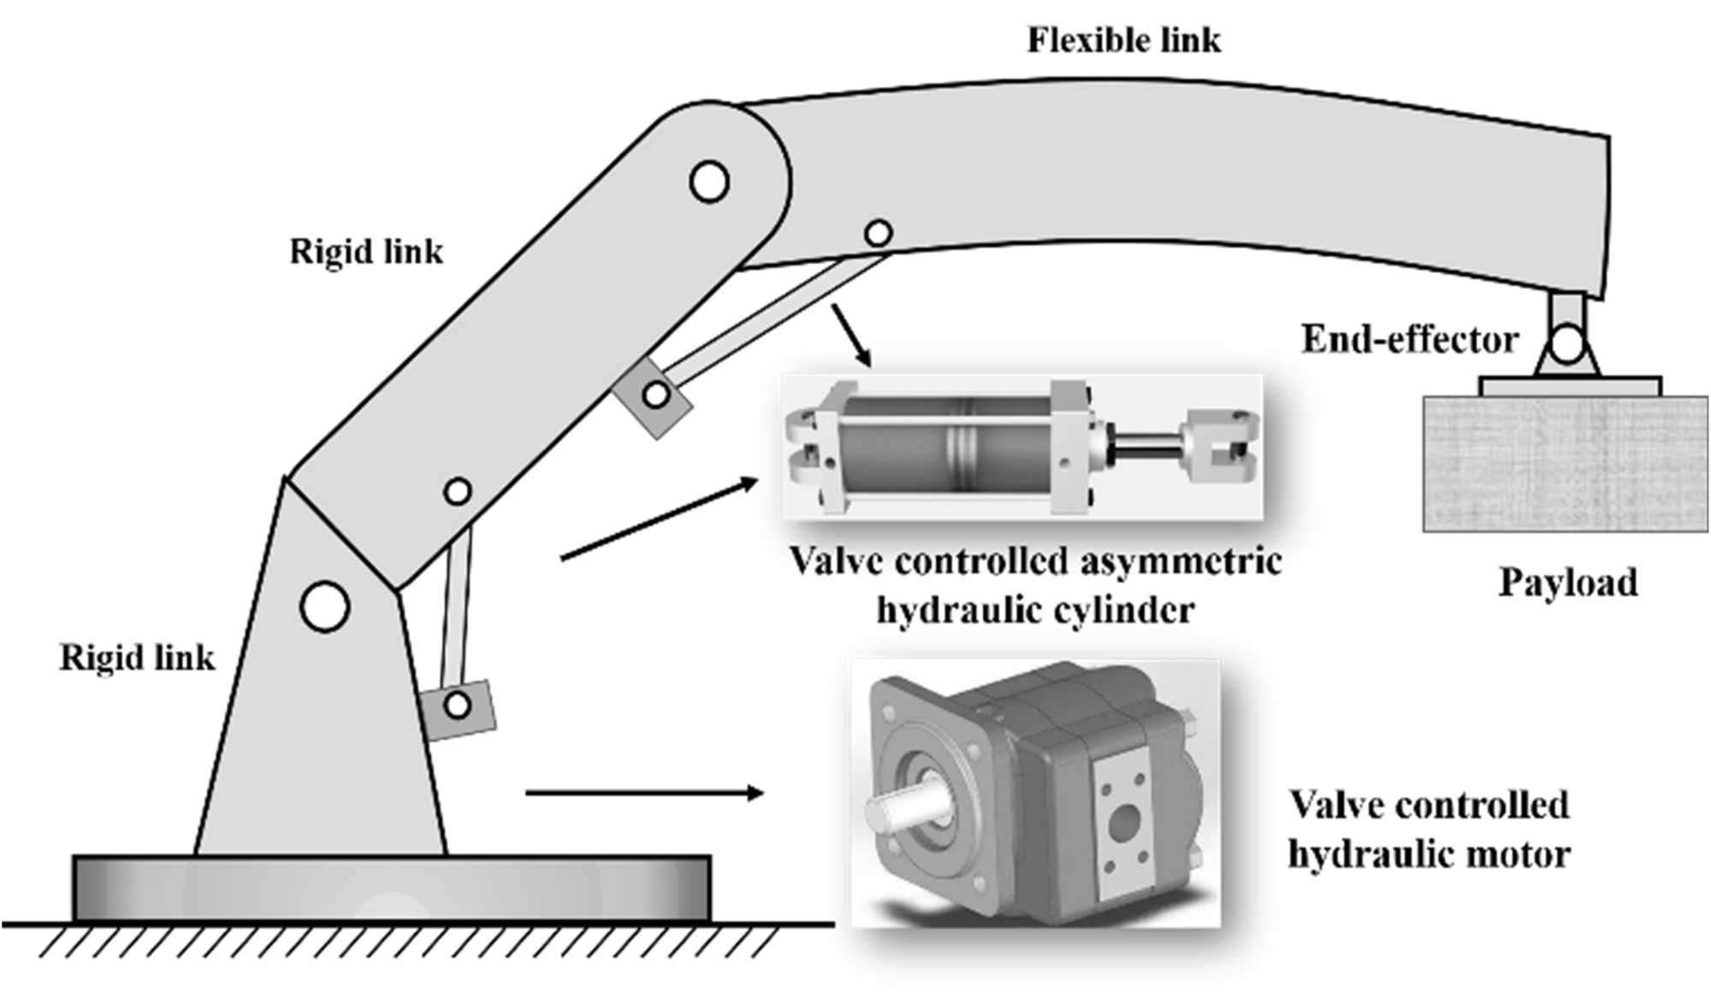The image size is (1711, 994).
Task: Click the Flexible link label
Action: click(1123, 40)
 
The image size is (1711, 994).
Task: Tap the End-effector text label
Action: click(1409, 340)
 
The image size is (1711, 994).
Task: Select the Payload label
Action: click(1568, 583)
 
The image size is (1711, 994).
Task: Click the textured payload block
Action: click(1565, 463)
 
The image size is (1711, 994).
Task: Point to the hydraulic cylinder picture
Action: click(1022, 447)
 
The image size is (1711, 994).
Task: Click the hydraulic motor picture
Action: click(1035, 791)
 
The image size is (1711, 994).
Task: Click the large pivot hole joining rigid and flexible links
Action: click(709, 181)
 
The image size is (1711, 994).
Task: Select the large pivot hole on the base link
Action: click(325, 606)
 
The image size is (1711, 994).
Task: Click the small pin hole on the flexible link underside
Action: click(878, 232)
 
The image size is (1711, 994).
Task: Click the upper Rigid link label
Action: click(366, 251)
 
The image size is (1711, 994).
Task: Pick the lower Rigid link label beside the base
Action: click(137, 658)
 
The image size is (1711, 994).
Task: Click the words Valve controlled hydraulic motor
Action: click(1429, 829)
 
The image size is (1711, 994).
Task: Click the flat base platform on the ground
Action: click(391, 887)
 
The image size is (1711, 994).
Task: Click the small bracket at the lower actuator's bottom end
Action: click(459, 706)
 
